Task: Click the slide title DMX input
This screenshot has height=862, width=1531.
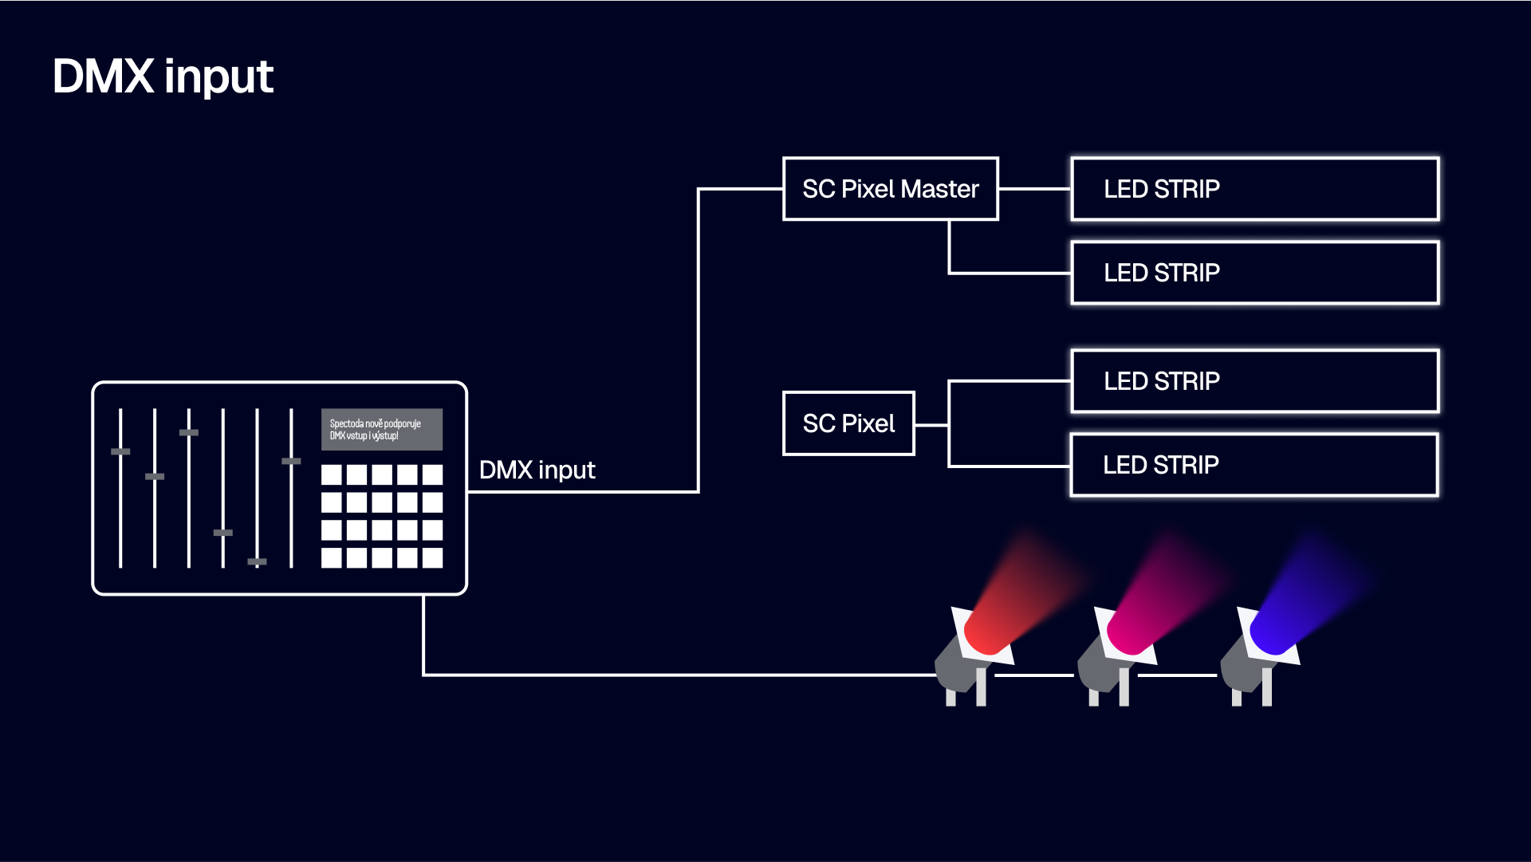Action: pos(163,77)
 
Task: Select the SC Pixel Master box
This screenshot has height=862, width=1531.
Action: pos(890,189)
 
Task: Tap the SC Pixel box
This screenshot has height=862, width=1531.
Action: pos(848,423)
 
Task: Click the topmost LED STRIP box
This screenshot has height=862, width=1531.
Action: pos(1254,189)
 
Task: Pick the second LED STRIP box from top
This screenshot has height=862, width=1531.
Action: pos(1254,273)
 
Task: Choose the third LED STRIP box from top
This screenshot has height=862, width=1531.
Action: pos(1254,381)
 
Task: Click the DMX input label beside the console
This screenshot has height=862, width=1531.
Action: pos(537,470)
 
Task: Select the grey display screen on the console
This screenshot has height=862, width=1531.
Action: pos(381,430)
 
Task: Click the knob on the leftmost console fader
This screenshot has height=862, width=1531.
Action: pos(120,451)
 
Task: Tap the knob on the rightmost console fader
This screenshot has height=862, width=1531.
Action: pos(291,461)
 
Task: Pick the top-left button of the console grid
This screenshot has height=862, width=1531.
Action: pos(332,475)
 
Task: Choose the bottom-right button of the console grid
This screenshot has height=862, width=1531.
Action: pos(432,557)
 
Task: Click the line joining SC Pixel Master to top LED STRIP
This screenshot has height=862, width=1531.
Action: pos(1034,189)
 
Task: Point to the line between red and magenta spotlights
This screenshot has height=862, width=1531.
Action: pos(1034,675)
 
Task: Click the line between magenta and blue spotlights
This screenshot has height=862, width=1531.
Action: pos(1177,675)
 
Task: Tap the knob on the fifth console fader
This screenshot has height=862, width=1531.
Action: pos(257,561)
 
